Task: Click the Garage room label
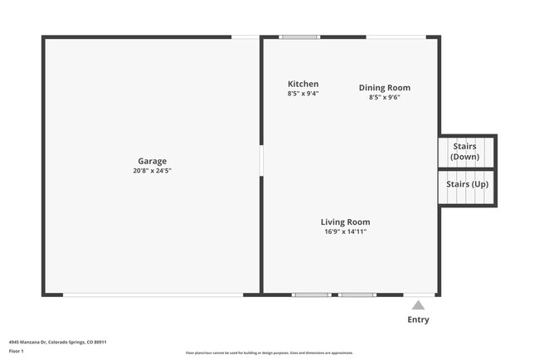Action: pyautogui.click(x=152, y=161)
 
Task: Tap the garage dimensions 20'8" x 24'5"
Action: pyautogui.click(x=152, y=171)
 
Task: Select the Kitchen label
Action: pyautogui.click(x=303, y=84)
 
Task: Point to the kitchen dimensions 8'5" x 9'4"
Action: pyautogui.click(x=303, y=94)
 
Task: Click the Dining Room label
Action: pyautogui.click(x=384, y=88)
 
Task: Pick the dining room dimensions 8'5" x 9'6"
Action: pyautogui.click(x=384, y=97)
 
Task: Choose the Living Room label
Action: pyautogui.click(x=345, y=222)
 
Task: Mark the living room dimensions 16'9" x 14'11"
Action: pyautogui.click(x=345, y=231)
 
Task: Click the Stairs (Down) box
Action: pyautogui.click(x=466, y=152)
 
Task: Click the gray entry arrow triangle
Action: pyautogui.click(x=419, y=305)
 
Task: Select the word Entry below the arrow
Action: pyautogui.click(x=419, y=319)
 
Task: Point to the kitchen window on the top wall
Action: pyautogui.click(x=299, y=36)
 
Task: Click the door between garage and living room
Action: pyautogui.click(x=261, y=160)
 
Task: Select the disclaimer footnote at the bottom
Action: pyautogui.click(x=269, y=353)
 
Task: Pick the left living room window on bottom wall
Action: pyautogui.click(x=312, y=294)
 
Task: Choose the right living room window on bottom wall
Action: pyautogui.click(x=357, y=294)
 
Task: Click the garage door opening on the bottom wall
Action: pyautogui.click(x=153, y=294)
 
